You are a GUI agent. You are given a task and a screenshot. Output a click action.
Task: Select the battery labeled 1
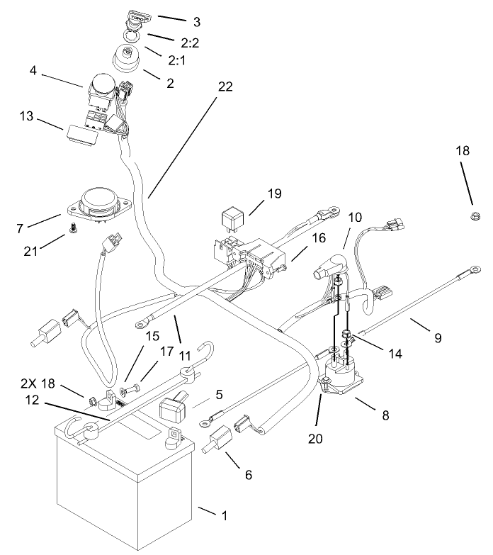coord(124,482)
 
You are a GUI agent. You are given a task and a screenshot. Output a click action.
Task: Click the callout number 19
coord(274,193)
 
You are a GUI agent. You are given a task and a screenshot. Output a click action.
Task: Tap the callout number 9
coord(438,338)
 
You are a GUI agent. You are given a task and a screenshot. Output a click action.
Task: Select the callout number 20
coord(316,438)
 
